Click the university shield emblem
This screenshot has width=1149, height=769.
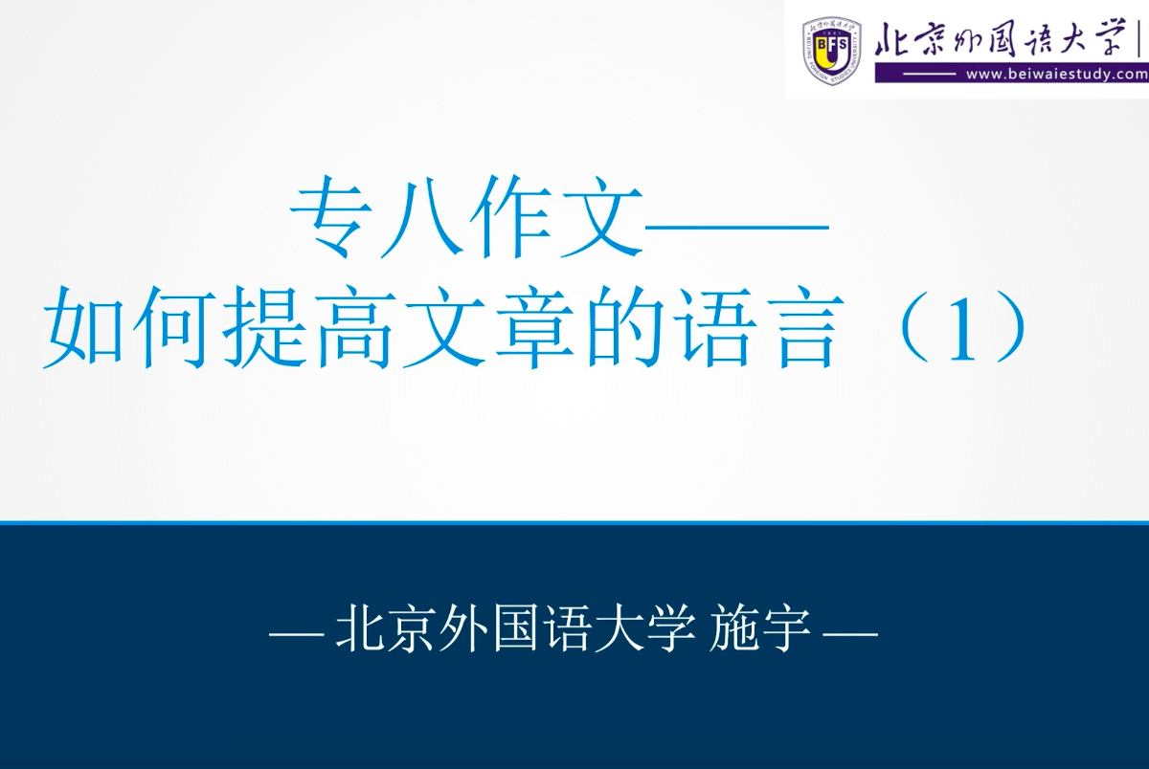click(831, 50)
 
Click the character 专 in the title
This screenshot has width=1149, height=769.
click(332, 218)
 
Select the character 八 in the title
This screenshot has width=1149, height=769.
click(421, 218)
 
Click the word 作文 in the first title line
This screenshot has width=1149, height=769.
click(555, 218)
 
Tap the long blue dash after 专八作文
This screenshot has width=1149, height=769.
click(736, 227)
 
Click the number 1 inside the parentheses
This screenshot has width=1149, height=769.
click(961, 330)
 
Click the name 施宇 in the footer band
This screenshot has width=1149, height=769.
click(760, 628)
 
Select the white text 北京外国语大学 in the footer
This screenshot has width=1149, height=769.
click(515, 628)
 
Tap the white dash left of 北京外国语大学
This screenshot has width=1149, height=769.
click(297, 635)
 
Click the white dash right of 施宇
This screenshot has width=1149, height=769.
click(850, 635)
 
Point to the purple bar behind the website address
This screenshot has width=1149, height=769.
click(1012, 75)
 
